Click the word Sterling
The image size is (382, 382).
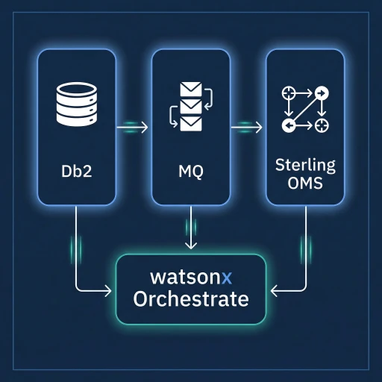pos(305,164)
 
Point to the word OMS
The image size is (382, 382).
pos(305,184)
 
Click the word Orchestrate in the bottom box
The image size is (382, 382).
pos(190,300)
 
